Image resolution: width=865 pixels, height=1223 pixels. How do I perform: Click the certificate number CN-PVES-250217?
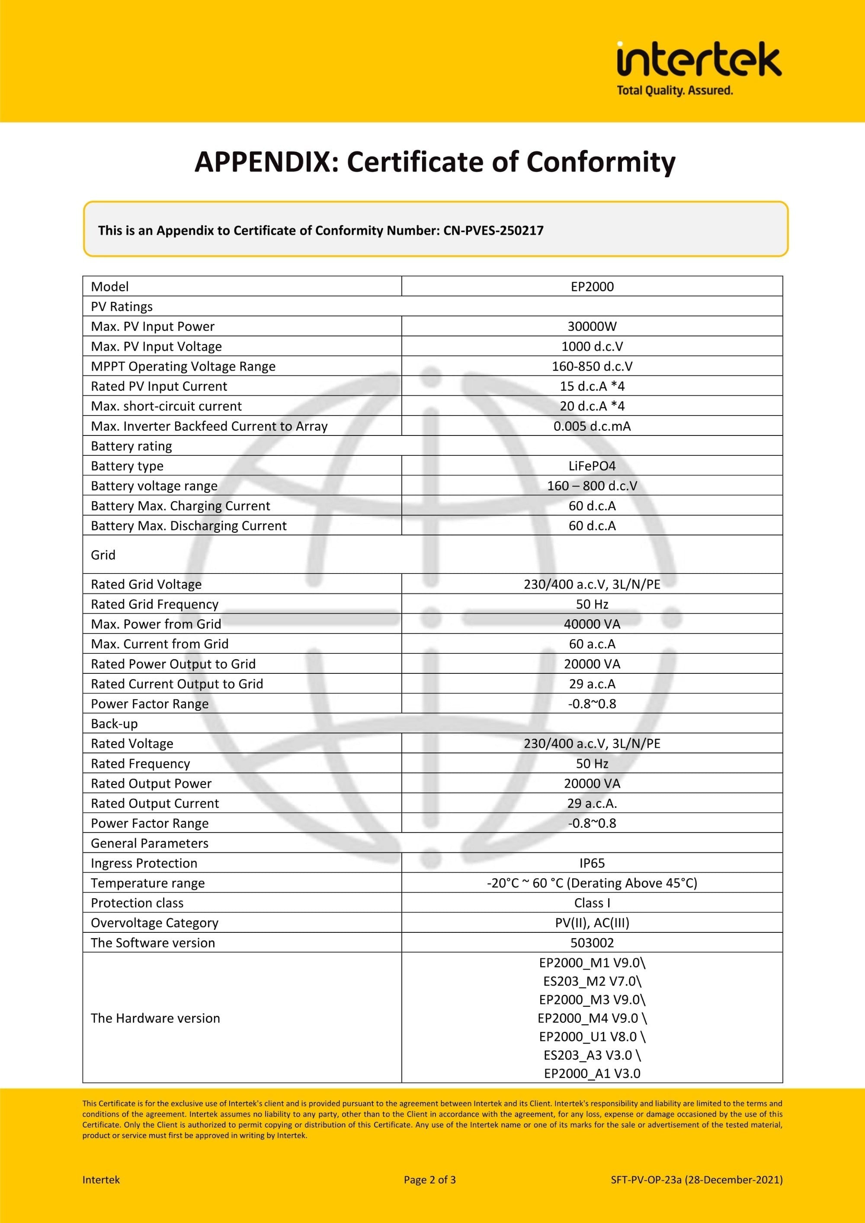coord(493,231)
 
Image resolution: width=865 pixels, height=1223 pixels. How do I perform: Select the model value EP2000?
coord(592,287)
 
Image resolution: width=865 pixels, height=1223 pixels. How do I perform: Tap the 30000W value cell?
coord(592,327)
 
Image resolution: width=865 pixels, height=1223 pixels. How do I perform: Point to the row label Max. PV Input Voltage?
coord(156,346)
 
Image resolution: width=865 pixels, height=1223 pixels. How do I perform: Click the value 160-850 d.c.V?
coord(592,366)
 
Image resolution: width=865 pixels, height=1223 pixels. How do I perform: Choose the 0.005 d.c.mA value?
coord(592,426)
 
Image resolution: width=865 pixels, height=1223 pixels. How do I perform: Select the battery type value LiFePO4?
coord(592,466)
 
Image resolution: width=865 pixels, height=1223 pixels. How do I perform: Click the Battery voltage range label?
coord(154,486)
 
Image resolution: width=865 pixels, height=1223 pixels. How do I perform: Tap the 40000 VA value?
coord(592,624)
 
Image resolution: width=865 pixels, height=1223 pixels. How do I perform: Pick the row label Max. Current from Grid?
coord(159,644)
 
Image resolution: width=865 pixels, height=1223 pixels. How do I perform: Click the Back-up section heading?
coord(114,724)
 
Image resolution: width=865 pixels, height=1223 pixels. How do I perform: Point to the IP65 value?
coord(592,863)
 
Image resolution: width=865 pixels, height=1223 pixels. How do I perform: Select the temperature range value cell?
coord(592,883)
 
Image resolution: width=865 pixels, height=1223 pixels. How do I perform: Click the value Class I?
coord(592,903)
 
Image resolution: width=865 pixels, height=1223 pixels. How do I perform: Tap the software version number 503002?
coord(592,943)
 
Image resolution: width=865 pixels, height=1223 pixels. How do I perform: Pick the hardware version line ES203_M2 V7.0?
coord(592,981)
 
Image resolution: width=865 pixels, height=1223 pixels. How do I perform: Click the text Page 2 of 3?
coord(429,1180)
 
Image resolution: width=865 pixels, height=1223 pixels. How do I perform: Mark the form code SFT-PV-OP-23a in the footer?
coord(646,1180)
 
